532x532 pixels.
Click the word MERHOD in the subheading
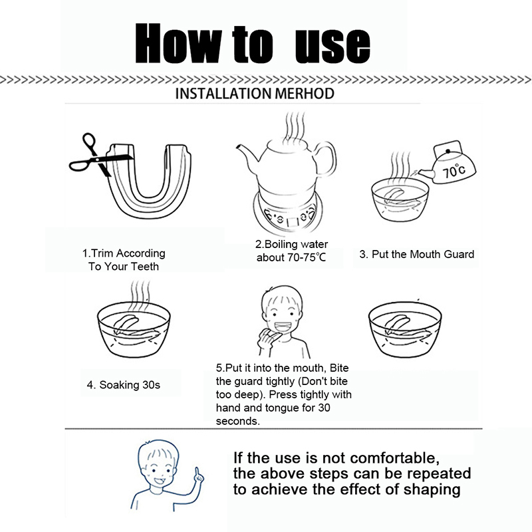305,94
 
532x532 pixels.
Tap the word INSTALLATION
223,94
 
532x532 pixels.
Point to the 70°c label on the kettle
454,171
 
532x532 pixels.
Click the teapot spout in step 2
248,154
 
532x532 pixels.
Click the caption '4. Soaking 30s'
124,385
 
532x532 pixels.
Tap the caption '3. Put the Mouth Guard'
417,255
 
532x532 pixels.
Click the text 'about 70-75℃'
291,258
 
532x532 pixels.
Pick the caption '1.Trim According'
124,253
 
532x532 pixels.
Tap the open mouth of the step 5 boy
282,327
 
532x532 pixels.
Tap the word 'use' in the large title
333,45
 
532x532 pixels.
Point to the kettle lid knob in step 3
448,151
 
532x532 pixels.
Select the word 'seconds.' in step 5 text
238,422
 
